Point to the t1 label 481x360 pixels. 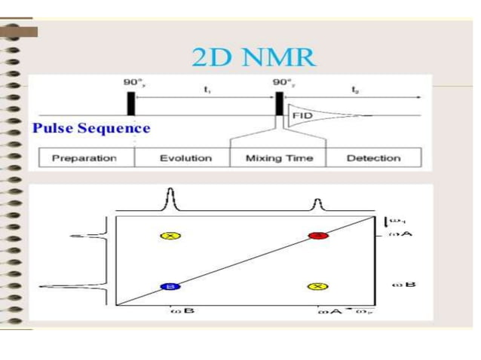(x=207, y=89)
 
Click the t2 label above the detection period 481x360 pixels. (x=355, y=89)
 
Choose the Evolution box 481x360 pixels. (x=184, y=158)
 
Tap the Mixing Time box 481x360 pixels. (x=279, y=158)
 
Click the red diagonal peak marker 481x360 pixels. (x=317, y=236)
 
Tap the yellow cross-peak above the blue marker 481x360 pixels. (x=170, y=236)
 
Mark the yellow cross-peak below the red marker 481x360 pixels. (x=317, y=287)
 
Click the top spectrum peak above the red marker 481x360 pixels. (x=317, y=203)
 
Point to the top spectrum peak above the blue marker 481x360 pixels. (x=170, y=200)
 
